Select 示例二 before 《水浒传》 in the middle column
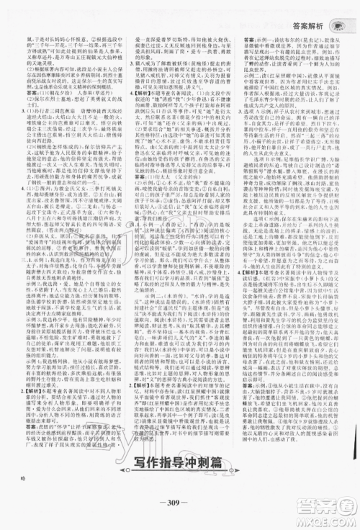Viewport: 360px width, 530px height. pyautogui.click(x=143, y=335)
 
